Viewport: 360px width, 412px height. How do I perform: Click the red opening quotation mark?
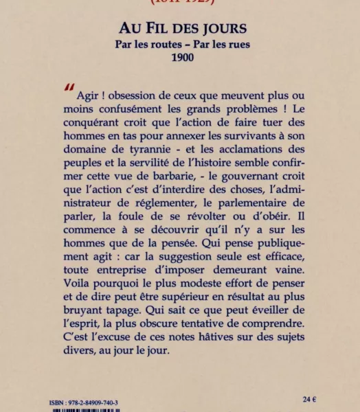[69, 88]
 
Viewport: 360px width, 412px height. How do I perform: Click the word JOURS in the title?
[219, 30]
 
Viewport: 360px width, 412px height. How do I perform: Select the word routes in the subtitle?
[157, 45]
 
